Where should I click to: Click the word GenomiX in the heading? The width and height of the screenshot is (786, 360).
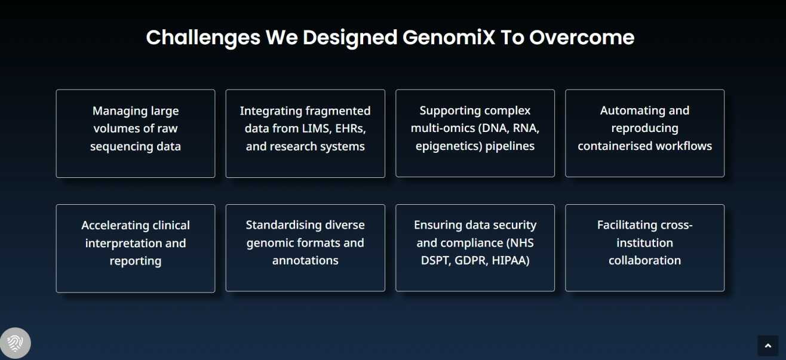(449, 38)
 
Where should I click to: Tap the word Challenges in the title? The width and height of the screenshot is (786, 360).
(203, 38)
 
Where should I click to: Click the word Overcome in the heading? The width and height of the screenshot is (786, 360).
(582, 37)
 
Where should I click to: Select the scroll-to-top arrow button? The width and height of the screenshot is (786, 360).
(767, 346)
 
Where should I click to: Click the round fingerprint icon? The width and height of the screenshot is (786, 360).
(15, 343)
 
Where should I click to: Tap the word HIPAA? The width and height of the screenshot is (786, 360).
(511, 260)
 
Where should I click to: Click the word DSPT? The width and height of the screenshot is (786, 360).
(435, 260)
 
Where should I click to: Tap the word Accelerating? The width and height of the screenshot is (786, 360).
(111, 225)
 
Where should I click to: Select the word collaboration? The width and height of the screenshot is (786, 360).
(644, 260)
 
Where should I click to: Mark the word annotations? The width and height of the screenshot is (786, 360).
(305, 260)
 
